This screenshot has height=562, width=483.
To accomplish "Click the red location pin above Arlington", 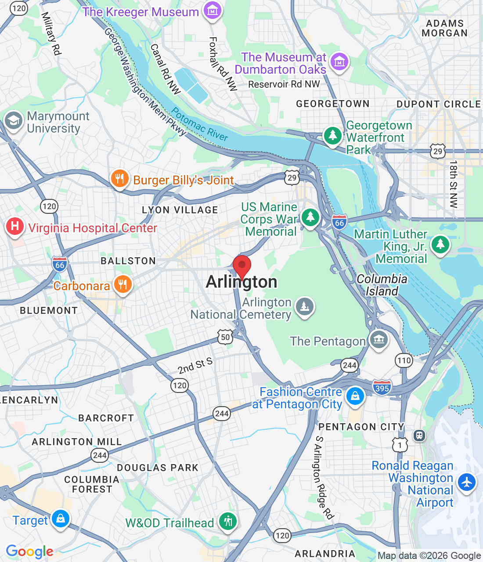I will (x=241, y=266).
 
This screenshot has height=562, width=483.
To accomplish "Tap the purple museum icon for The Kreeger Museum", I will (x=213, y=11).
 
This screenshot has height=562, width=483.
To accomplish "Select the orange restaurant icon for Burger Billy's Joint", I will (x=119, y=179).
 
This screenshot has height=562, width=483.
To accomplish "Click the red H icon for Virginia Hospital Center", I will (x=15, y=227).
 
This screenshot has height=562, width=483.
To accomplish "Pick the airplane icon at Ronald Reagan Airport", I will (x=467, y=482).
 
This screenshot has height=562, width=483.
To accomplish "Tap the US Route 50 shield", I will (x=225, y=337).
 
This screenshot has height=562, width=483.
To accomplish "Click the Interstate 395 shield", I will (x=382, y=388).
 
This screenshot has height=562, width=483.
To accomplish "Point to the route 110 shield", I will (x=404, y=360).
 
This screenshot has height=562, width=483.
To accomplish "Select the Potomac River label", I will (x=200, y=124).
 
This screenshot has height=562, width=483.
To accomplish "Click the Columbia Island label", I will (x=382, y=285).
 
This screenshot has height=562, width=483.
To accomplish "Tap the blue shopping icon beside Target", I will (x=61, y=519).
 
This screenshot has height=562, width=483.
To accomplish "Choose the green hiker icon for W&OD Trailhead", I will (x=227, y=521).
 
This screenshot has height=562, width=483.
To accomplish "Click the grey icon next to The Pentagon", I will (x=378, y=339).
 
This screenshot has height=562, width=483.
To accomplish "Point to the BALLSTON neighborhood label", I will (x=128, y=261).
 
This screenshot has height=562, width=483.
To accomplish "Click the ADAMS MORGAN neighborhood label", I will (x=444, y=28).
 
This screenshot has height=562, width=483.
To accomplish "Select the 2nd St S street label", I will (x=195, y=366).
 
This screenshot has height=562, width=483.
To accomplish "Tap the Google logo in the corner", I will (x=29, y=551).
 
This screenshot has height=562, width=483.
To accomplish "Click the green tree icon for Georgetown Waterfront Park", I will (x=332, y=135).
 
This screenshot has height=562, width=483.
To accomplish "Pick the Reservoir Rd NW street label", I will (x=284, y=84).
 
